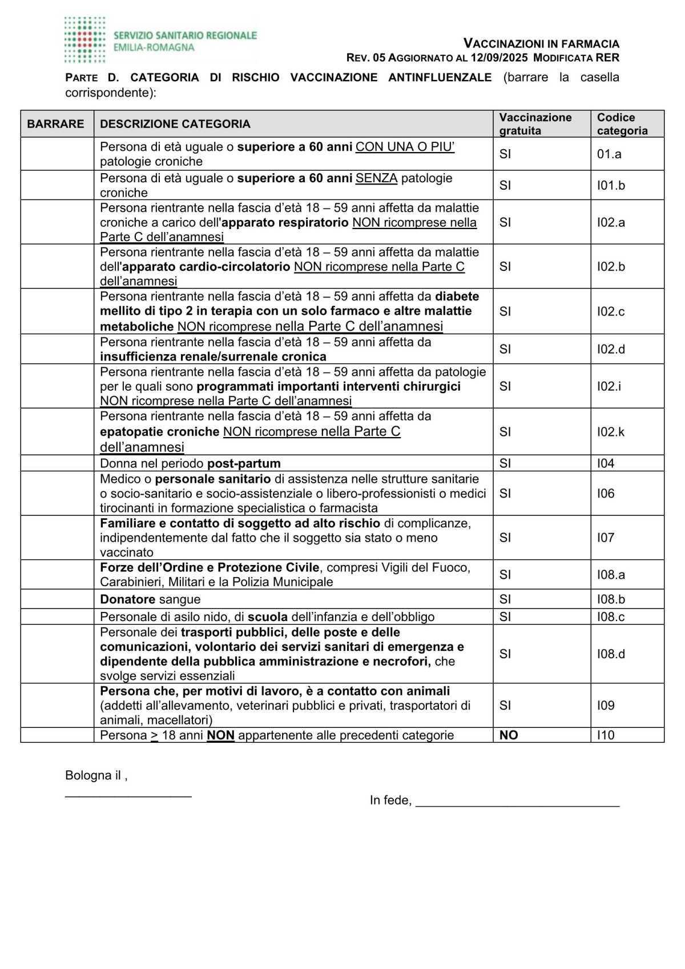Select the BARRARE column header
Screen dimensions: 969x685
(55, 124)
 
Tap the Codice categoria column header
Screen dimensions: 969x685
(622, 124)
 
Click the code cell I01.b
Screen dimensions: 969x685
(611, 185)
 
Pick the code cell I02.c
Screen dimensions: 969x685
(611, 311)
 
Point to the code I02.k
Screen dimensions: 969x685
(611, 432)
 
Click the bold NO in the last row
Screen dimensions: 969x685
(509, 735)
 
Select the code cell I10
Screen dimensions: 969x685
(606, 735)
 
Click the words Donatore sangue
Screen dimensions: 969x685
(150, 599)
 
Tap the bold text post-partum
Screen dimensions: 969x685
(244, 463)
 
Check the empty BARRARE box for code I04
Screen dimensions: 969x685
(57, 463)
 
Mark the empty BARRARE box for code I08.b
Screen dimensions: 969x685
(57, 599)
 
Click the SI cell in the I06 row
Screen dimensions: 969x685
(505, 493)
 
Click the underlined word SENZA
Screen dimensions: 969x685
(376, 178)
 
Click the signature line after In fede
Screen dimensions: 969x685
(517, 801)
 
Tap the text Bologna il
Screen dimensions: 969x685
(95, 776)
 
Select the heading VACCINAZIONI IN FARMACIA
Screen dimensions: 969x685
(541, 43)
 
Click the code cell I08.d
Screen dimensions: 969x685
(611, 654)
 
